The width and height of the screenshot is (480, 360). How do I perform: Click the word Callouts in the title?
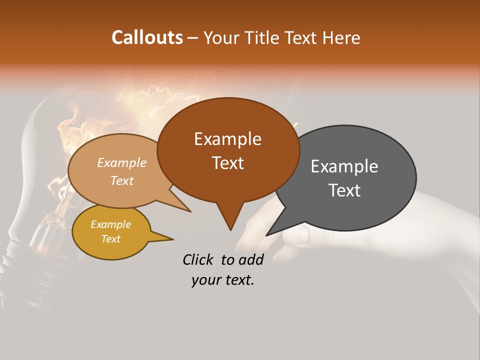tap(147, 37)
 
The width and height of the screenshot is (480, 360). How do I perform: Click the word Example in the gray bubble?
tap(344, 166)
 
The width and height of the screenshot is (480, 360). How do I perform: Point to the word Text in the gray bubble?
tap(345, 190)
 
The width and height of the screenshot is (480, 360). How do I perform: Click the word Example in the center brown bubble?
tap(227, 139)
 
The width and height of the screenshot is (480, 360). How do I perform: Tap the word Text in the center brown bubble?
tap(228, 163)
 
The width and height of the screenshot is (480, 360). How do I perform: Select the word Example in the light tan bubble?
tap(121, 162)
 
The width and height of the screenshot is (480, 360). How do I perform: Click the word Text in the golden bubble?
tap(110, 239)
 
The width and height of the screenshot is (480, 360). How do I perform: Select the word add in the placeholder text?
tap(251, 259)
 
